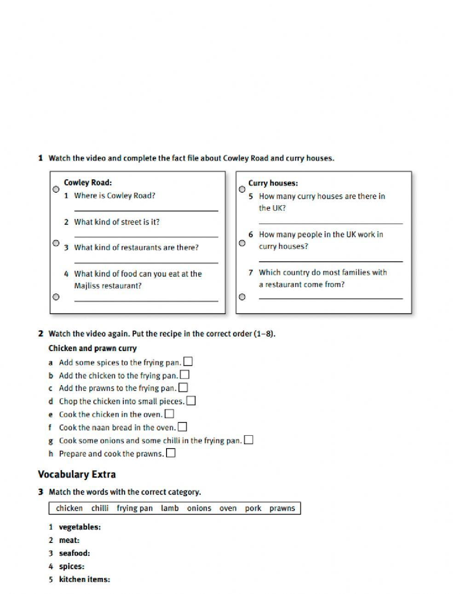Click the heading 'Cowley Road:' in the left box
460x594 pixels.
click(87, 183)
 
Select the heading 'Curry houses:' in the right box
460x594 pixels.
click(273, 183)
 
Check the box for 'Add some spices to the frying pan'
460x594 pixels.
click(188, 362)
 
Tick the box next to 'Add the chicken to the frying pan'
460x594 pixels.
click(184, 375)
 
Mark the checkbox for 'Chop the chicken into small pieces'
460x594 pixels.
click(191, 401)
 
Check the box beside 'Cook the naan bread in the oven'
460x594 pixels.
click(182, 427)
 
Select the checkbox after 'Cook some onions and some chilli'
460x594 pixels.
click(248, 440)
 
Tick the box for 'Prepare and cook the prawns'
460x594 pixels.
click(171, 453)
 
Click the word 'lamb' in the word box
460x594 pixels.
click(170, 508)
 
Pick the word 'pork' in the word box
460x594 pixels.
click(253, 508)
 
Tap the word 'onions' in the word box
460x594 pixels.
click(199, 508)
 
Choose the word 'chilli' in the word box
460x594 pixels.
click(100, 508)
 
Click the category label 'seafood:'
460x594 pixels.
click(74, 554)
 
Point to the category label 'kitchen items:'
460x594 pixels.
click(84, 580)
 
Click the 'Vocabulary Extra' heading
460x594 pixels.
click(77, 474)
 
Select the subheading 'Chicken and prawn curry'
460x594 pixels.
click(92, 348)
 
